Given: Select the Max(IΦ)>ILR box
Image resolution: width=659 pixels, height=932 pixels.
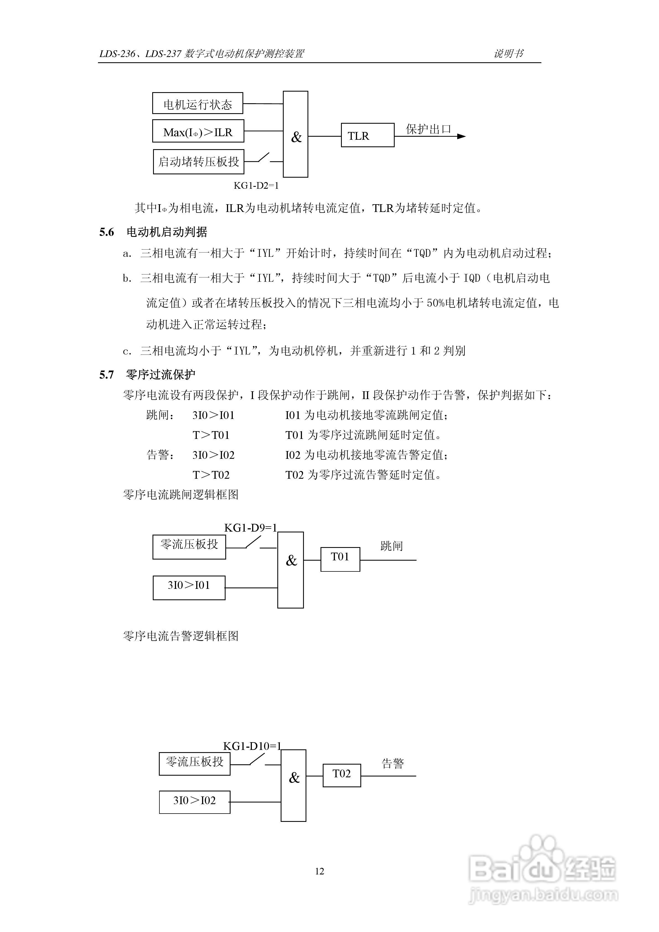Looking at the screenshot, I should pos(198,131).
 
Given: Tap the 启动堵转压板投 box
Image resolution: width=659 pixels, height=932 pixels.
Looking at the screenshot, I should pos(198,162).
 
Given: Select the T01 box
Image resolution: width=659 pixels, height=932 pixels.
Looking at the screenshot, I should pos(340,559).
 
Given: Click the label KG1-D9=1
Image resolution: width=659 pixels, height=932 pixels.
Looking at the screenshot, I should pos(250,528).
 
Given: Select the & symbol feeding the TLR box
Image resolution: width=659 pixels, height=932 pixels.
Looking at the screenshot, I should pos(296,137).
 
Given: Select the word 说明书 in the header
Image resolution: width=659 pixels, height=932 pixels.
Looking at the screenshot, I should pos(508,54).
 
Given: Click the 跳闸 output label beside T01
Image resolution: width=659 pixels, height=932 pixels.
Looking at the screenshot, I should pos(391,546).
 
